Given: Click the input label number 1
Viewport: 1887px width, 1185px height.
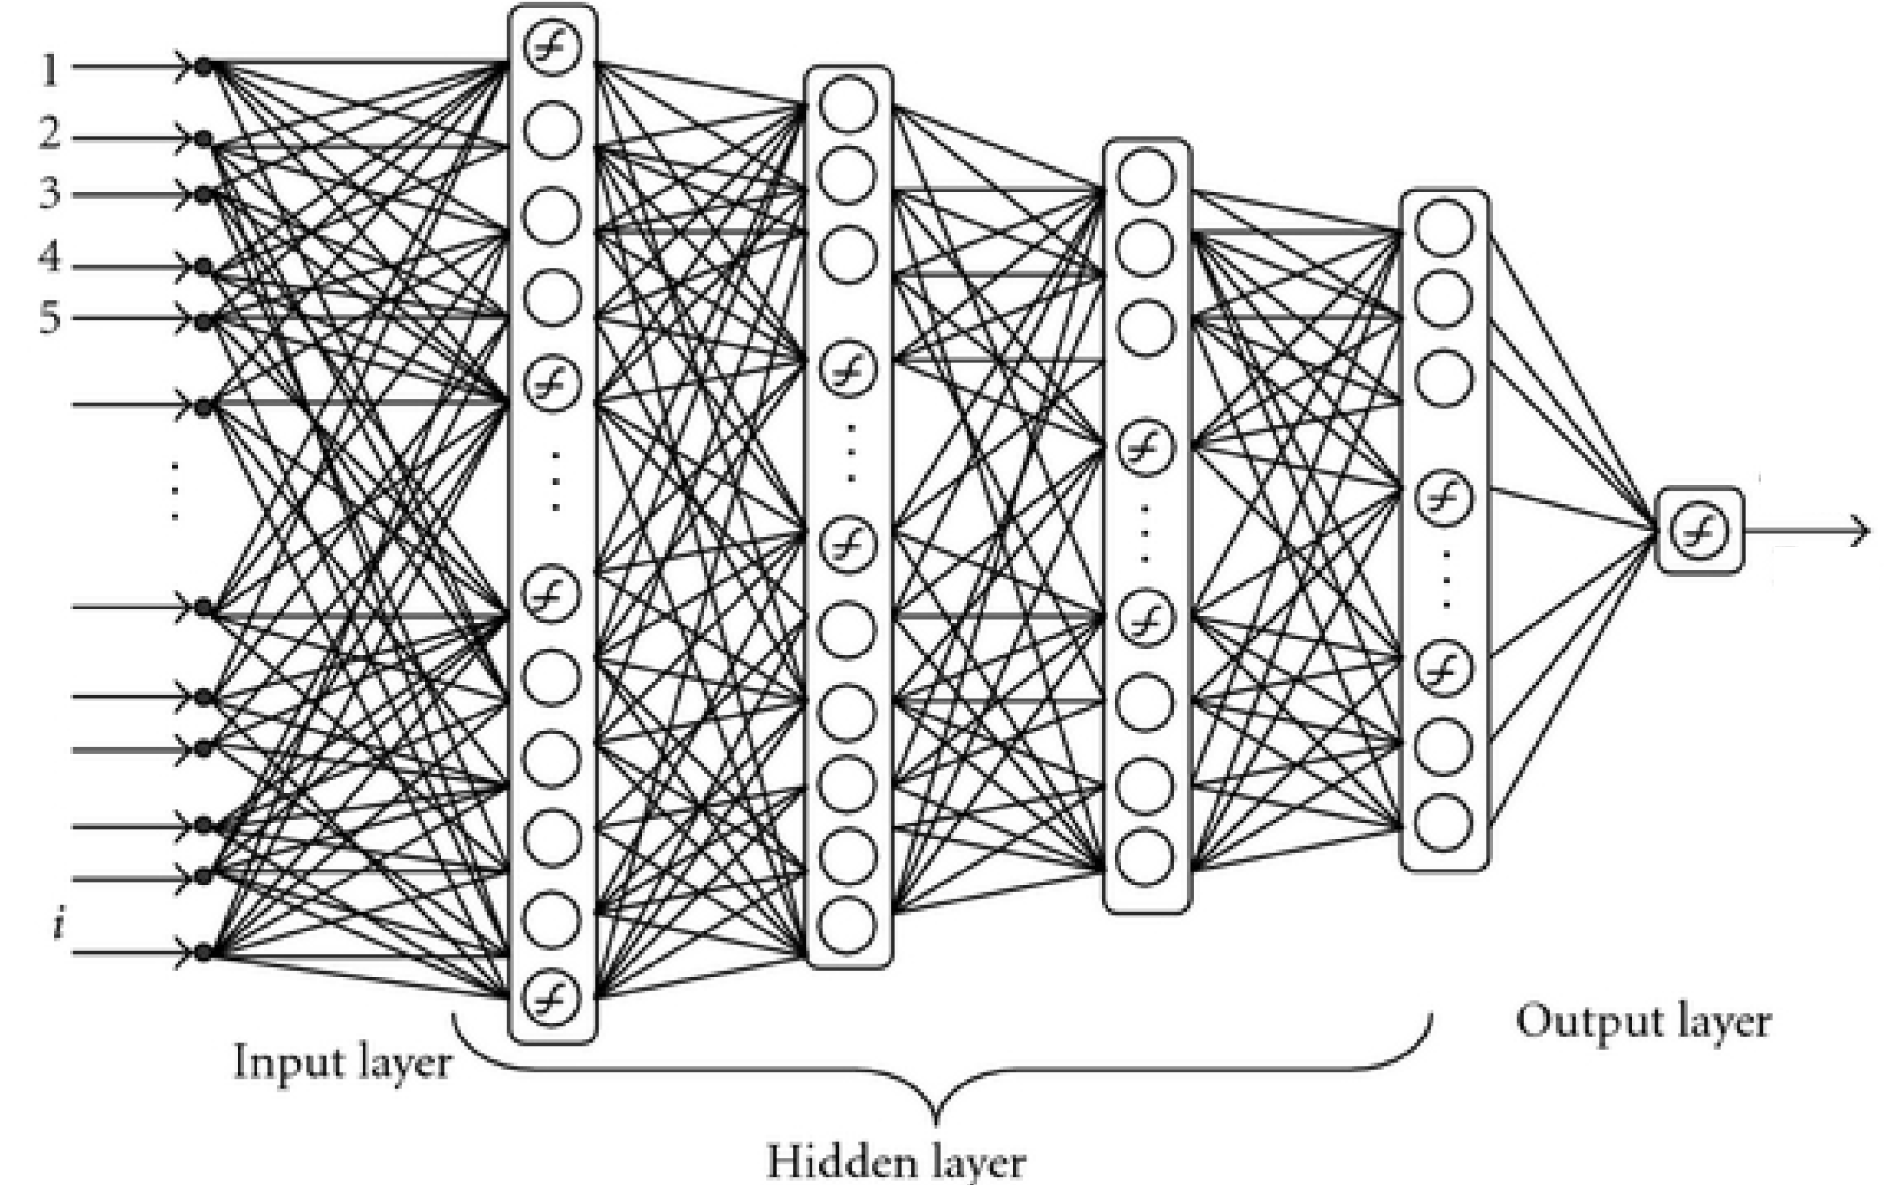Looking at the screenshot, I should pyautogui.click(x=50, y=69).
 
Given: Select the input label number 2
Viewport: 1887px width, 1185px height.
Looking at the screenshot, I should pyautogui.click(x=50, y=135).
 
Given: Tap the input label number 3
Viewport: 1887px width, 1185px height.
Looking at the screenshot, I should pyautogui.click(x=50, y=193).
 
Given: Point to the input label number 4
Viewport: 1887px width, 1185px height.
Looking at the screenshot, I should pyautogui.click(x=50, y=256).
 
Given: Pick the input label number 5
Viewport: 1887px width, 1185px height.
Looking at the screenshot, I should pyautogui.click(x=50, y=318).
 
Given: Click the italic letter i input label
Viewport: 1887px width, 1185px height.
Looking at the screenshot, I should pyautogui.click(x=58, y=925).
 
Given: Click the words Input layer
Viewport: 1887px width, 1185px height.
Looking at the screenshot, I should pyautogui.click(x=342, y=1063).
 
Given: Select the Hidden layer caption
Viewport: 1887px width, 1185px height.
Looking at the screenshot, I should pyautogui.click(x=896, y=1161).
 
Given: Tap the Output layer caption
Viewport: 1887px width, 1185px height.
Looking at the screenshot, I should pyautogui.click(x=1643, y=1022).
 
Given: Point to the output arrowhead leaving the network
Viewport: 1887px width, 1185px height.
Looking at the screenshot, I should pyautogui.click(x=1859, y=531).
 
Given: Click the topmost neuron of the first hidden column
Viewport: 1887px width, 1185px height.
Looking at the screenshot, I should pyautogui.click(x=552, y=47).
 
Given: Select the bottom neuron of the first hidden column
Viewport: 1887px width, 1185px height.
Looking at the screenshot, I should pyautogui.click(x=552, y=996).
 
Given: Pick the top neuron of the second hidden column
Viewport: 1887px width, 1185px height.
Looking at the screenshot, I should pyautogui.click(x=848, y=103).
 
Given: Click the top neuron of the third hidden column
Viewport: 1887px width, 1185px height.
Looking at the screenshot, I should pyautogui.click(x=1145, y=177).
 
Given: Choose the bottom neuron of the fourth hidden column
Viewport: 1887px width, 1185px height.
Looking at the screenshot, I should pyautogui.click(x=1444, y=822).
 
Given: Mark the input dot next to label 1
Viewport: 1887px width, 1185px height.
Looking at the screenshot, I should pyautogui.click(x=203, y=68).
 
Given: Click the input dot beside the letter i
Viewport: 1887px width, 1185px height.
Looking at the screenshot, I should pyautogui.click(x=204, y=953).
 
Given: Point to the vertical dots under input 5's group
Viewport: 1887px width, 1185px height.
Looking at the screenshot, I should pyautogui.click(x=176, y=488).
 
